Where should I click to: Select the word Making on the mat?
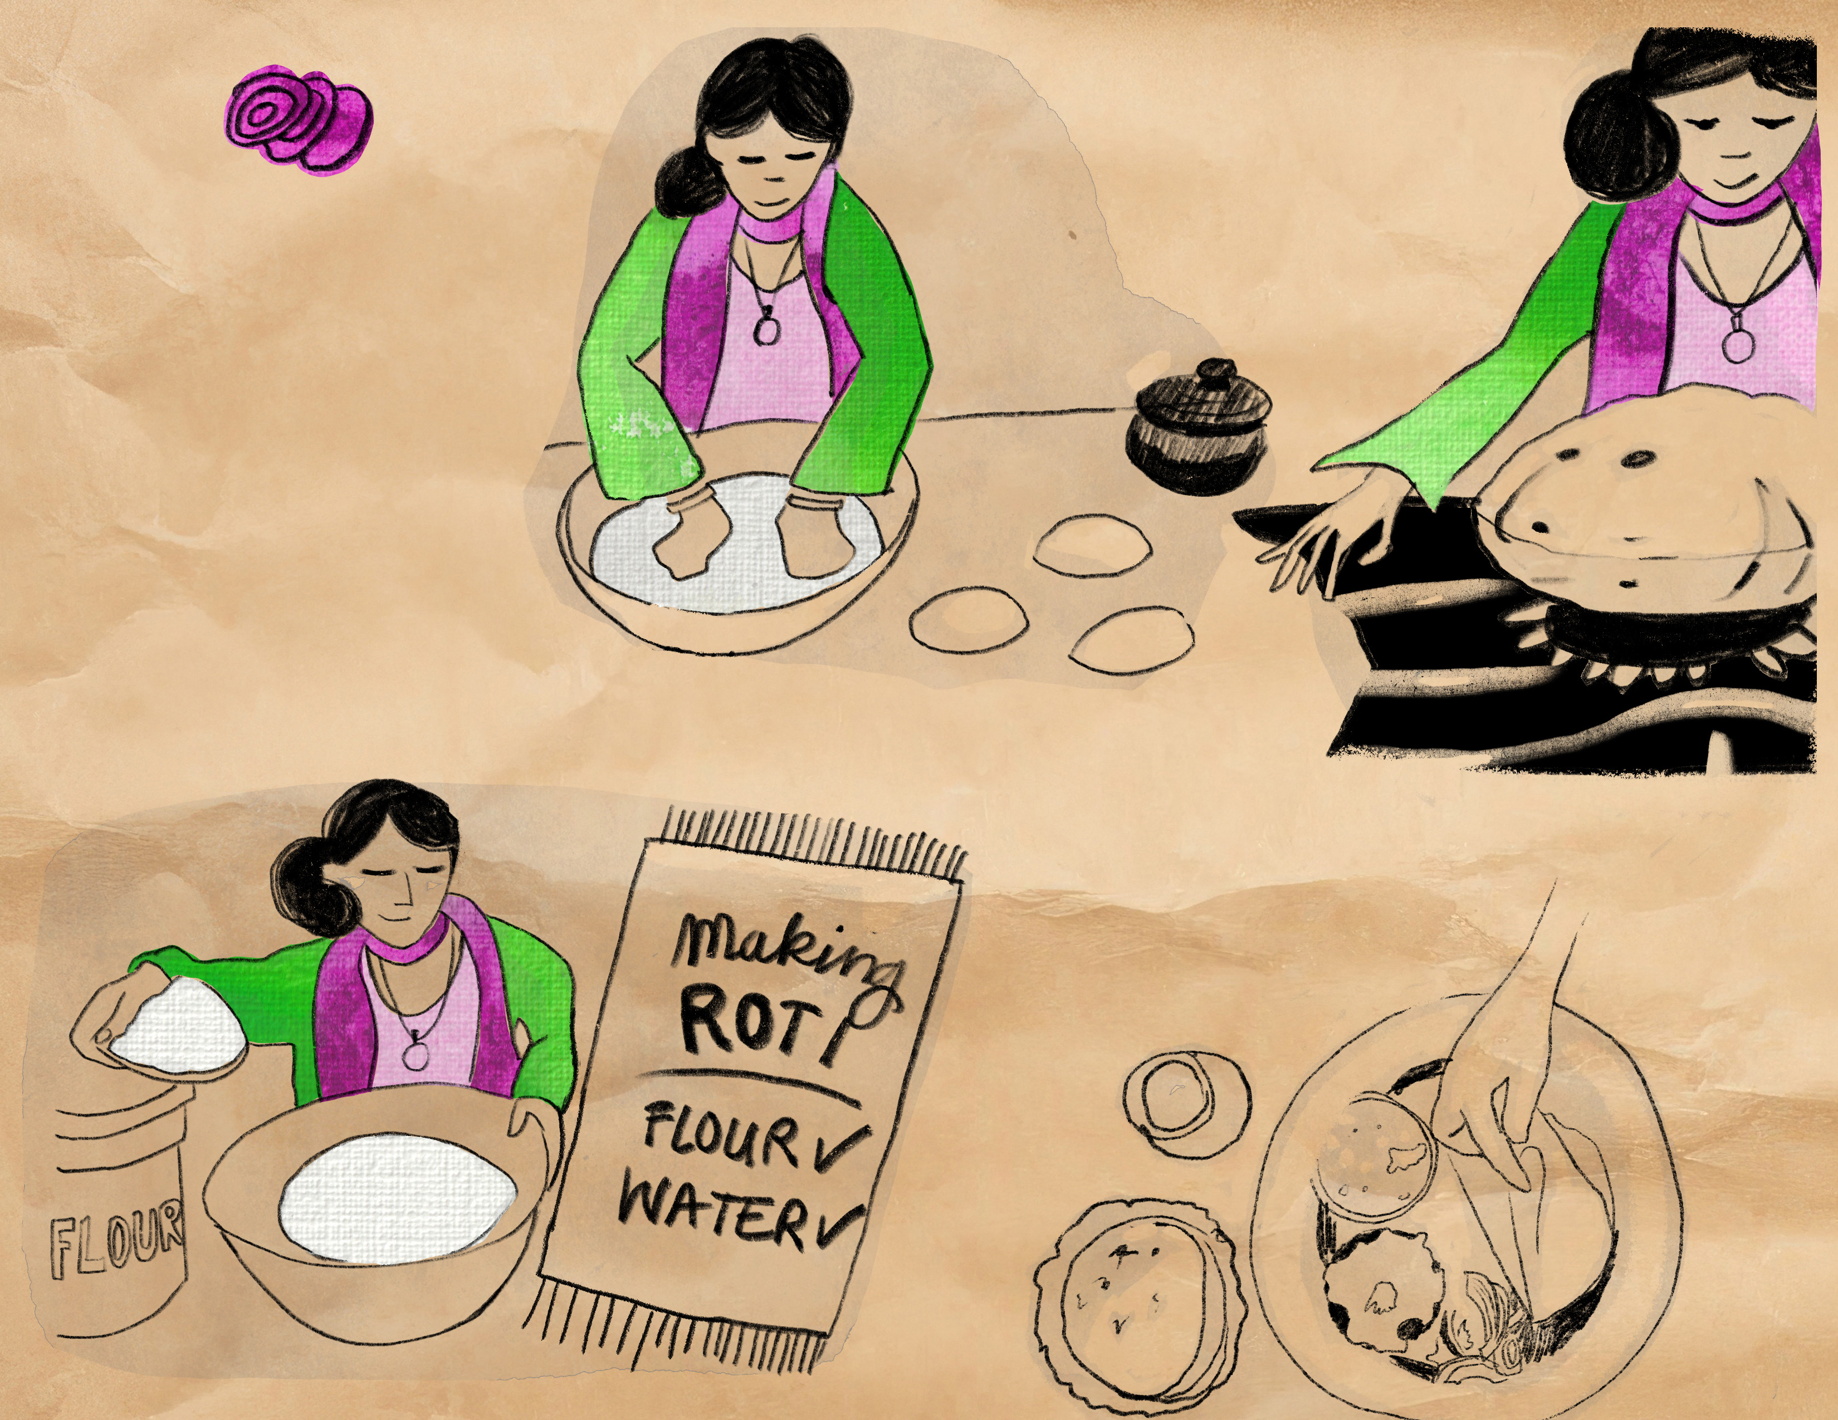pos(789,952)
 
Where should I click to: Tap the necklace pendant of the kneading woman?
pos(765,327)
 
